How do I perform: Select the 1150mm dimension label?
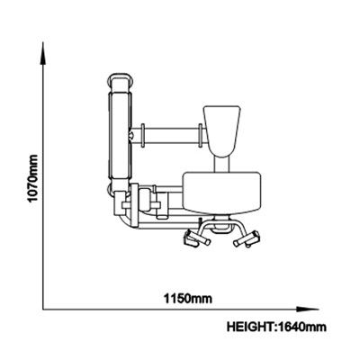pos(188,299)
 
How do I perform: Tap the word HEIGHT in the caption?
pos(250,327)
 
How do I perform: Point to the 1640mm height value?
pos(301,327)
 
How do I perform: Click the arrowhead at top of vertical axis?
pos(43,53)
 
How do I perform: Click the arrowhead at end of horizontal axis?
pos(307,309)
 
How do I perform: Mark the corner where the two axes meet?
pos(43,309)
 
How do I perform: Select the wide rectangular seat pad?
pos(221,192)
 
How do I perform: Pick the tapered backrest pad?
pos(222,130)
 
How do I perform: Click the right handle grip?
pos(247,238)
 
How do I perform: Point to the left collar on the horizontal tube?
pos(143,136)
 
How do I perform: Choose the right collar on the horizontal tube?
pos(200,136)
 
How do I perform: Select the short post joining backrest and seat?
pos(222,164)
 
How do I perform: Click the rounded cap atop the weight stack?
pos(121,82)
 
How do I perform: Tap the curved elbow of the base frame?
pos(123,224)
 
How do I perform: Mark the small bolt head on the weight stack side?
pos(131,135)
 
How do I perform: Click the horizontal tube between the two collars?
pos(171,136)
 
